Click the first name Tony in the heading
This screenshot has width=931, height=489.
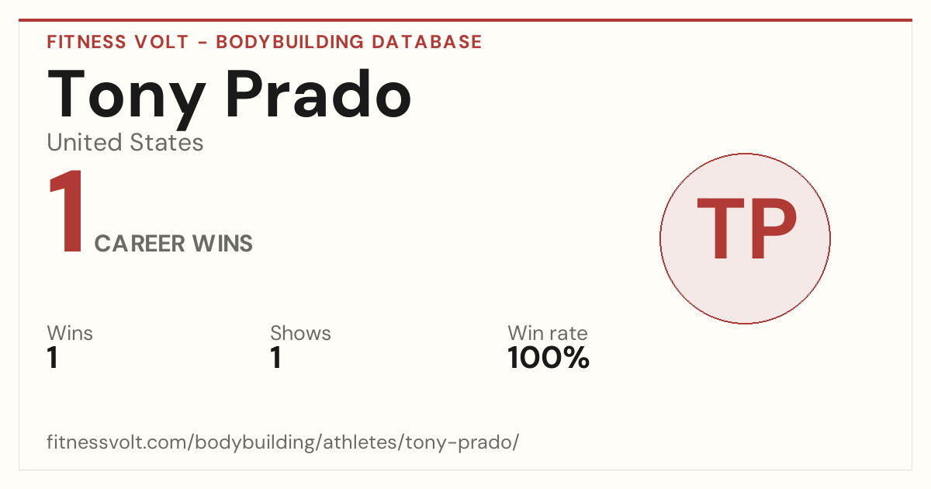[x=126, y=98]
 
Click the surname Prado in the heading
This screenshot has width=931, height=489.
[x=318, y=94]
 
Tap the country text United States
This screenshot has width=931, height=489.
[x=125, y=142]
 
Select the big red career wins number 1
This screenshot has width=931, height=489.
[x=66, y=211]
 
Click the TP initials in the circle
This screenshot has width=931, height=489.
[x=747, y=228]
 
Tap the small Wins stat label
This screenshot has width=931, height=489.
[x=70, y=333]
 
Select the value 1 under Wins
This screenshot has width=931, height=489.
[x=53, y=358]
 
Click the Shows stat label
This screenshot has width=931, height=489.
[x=300, y=333]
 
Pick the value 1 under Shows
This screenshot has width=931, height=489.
[x=276, y=358]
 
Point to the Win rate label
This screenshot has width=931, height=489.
[x=548, y=333]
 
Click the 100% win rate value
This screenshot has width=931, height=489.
[x=549, y=358]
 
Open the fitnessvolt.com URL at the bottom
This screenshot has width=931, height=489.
[x=283, y=442]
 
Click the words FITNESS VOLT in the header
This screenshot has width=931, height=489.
[x=118, y=42]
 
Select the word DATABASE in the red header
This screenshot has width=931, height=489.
[x=427, y=42]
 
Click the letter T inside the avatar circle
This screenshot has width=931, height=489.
[x=720, y=228]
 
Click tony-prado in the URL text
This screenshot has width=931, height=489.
[x=459, y=442]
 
